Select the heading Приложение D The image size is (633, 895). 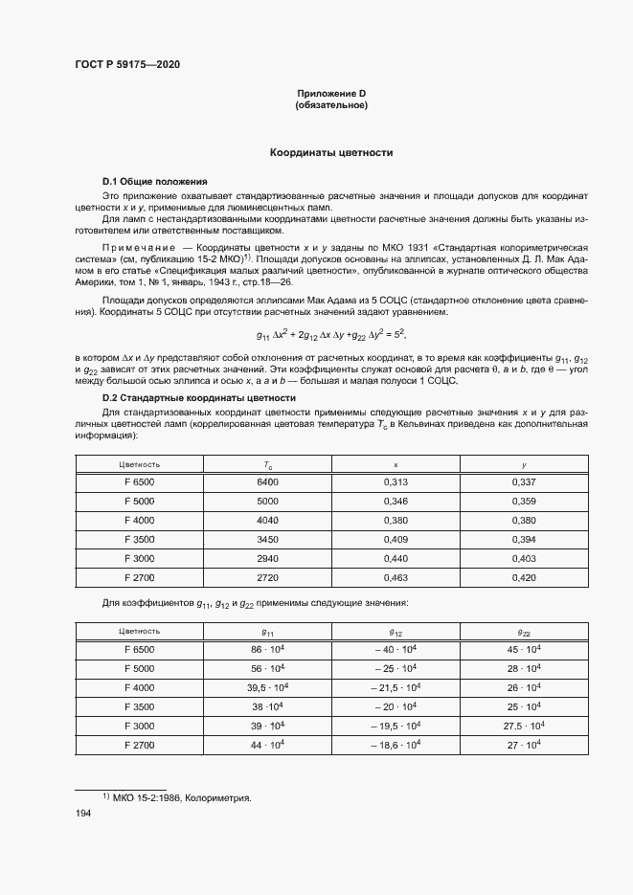(x=331, y=93)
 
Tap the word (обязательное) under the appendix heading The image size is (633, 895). (x=331, y=105)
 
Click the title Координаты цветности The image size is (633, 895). (x=331, y=153)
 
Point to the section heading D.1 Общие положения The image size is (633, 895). (x=154, y=181)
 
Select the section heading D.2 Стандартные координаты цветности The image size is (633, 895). (x=199, y=397)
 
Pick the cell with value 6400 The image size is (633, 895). (x=267, y=482)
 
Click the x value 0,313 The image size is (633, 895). (x=396, y=482)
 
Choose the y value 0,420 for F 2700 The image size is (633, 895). (x=524, y=578)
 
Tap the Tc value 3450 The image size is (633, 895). (x=267, y=540)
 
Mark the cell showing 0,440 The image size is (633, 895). (x=396, y=559)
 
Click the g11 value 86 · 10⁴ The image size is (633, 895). (x=267, y=650)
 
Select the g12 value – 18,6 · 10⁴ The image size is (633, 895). (x=396, y=745)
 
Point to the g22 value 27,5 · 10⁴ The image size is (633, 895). (x=524, y=726)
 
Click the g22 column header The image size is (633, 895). (x=524, y=632)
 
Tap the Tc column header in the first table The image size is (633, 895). (x=267, y=464)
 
